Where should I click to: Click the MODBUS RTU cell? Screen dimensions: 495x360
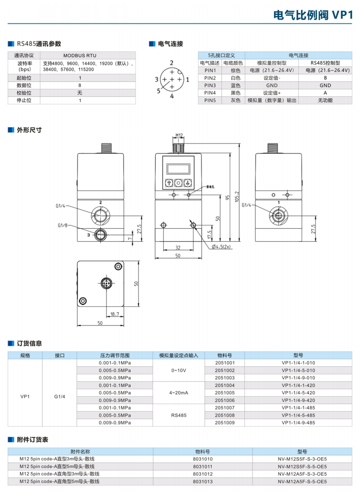(x=80, y=55)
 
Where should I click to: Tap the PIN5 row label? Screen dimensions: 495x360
(x=210, y=100)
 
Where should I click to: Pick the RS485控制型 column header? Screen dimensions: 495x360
(x=325, y=63)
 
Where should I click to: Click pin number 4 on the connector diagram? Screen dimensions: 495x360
(x=172, y=96)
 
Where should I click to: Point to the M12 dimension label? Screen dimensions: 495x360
(x=179, y=135)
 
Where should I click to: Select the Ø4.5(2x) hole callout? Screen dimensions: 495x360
(x=220, y=247)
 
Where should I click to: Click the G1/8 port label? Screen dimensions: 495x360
(x=63, y=225)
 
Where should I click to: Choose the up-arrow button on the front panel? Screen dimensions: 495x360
(x=169, y=183)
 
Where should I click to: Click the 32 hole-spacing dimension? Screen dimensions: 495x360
(x=178, y=247)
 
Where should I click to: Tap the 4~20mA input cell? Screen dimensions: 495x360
(x=179, y=392)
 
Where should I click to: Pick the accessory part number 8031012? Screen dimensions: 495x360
(x=202, y=474)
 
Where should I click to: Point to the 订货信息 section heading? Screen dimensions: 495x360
(x=29, y=343)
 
